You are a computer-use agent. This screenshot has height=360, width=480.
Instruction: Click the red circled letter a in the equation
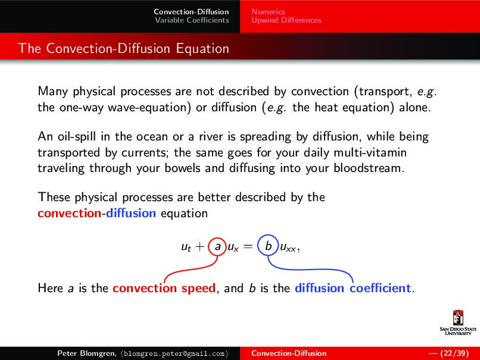[x=218, y=246]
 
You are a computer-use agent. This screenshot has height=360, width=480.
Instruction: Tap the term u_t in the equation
[x=186, y=246]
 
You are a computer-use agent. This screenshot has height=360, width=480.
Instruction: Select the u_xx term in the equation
[x=289, y=246]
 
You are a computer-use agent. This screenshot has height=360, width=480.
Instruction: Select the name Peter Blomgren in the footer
[x=82, y=353]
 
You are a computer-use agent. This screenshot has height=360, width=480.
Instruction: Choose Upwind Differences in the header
[x=286, y=20]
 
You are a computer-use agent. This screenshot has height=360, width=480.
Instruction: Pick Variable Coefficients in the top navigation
[x=192, y=20]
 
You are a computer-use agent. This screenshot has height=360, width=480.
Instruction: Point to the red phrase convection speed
[x=164, y=289]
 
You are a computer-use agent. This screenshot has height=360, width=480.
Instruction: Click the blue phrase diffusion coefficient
[x=353, y=289]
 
